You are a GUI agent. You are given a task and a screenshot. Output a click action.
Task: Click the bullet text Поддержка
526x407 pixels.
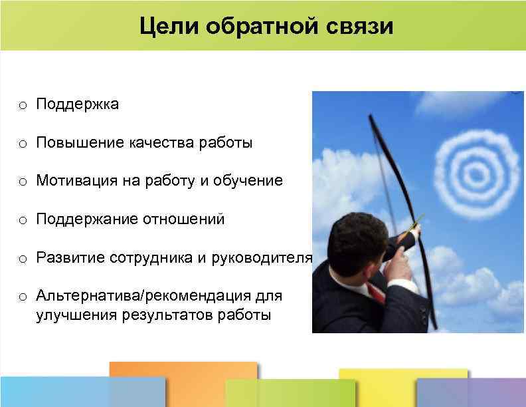coord(78,104)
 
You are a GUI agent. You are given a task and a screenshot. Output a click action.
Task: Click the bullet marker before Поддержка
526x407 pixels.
coord(23,105)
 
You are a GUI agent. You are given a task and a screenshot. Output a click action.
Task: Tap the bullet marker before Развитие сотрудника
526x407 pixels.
coord(23,258)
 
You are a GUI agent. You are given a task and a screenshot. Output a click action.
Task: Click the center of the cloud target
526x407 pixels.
coord(474,174)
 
